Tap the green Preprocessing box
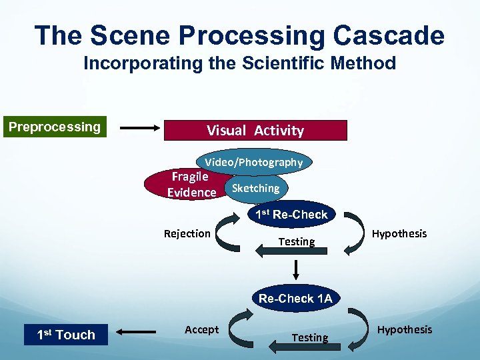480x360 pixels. click(55, 127)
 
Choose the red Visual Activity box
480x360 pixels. click(255, 130)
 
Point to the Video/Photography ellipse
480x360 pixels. click(253, 162)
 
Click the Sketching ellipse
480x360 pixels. click(256, 188)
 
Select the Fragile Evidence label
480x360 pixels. click(191, 185)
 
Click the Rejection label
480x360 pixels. click(187, 233)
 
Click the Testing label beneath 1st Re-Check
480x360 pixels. click(297, 242)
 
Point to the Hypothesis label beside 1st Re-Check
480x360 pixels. click(399, 233)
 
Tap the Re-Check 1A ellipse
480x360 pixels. click(295, 298)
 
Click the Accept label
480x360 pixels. click(201, 329)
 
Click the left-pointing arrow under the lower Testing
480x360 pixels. click(296, 346)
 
